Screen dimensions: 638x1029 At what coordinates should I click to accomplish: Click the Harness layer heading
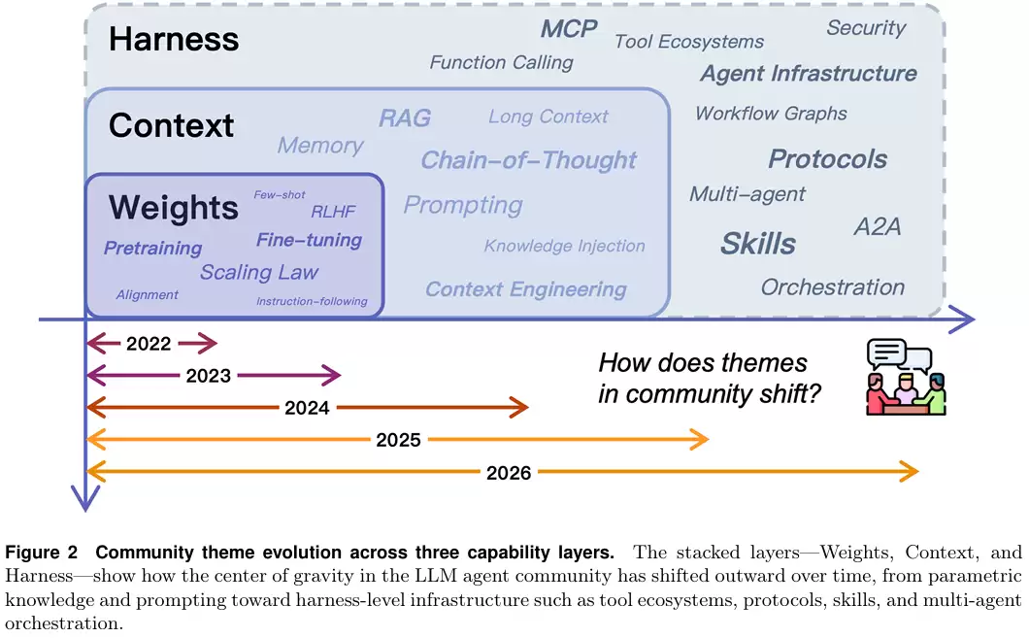tap(174, 40)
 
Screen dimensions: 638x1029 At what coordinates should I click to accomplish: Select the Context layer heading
tap(171, 125)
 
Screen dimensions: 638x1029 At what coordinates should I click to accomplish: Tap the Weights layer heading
tap(174, 207)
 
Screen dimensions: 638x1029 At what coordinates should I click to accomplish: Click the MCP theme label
tap(569, 29)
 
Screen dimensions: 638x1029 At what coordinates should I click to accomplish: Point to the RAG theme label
tap(405, 118)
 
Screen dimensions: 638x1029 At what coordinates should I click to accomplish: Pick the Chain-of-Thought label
tap(529, 160)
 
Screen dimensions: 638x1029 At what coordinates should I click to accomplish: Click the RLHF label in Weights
tap(334, 212)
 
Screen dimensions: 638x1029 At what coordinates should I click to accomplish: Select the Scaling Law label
tap(259, 272)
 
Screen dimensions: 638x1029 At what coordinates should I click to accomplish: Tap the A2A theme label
tap(878, 227)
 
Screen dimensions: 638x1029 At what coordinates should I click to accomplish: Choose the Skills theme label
tap(758, 244)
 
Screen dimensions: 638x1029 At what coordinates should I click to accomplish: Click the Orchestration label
tap(833, 287)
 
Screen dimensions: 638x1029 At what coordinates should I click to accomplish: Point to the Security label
tap(866, 28)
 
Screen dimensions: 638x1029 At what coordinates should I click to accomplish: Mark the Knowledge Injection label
tap(564, 247)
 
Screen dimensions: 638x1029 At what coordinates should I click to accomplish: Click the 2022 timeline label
tap(149, 344)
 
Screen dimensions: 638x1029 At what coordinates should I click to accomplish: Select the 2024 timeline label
tap(307, 408)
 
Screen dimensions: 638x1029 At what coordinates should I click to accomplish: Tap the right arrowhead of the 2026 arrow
tap(910, 472)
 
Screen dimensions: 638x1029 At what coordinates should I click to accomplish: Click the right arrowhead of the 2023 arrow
tap(333, 376)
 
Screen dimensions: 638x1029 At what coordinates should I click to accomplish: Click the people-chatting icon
tap(905, 377)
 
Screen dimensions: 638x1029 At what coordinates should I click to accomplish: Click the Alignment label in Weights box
tap(147, 295)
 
